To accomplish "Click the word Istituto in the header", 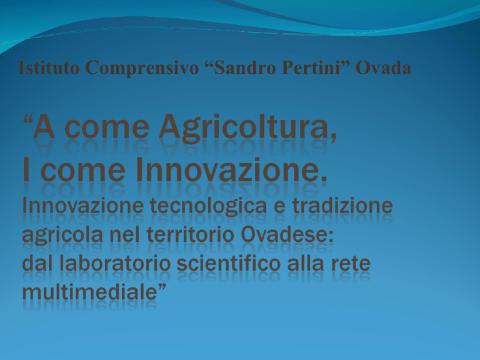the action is coord(49,67).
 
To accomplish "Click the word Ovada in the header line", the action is coord(383,67).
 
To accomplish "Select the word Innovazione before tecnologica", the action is coord(83,206).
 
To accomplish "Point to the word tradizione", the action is coord(342,206).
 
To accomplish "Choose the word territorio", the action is coord(191,235).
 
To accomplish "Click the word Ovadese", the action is coord(287,235).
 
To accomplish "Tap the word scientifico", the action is coord(229,264).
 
